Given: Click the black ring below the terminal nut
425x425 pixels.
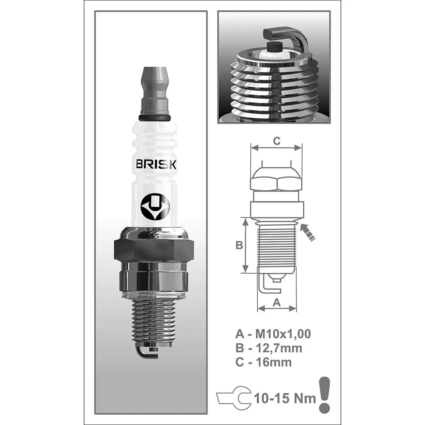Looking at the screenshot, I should pyautogui.click(x=154, y=117).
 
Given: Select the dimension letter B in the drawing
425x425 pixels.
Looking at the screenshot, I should pyautogui.click(x=239, y=245).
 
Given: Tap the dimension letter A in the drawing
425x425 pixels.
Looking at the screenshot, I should pyautogui.click(x=277, y=303).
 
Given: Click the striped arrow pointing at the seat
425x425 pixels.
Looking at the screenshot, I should pyautogui.click(x=308, y=232).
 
